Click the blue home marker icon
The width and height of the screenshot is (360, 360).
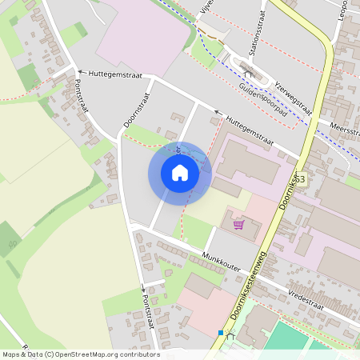pyautogui.click(x=179, y=173)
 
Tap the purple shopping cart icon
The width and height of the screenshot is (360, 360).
pyautogui.click(x=238, y=224)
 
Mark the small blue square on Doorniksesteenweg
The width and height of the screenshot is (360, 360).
pyautogui.click(x=221, y=332)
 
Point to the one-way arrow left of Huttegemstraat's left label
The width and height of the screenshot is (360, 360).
pyautogui.click(x=78, y=70)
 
